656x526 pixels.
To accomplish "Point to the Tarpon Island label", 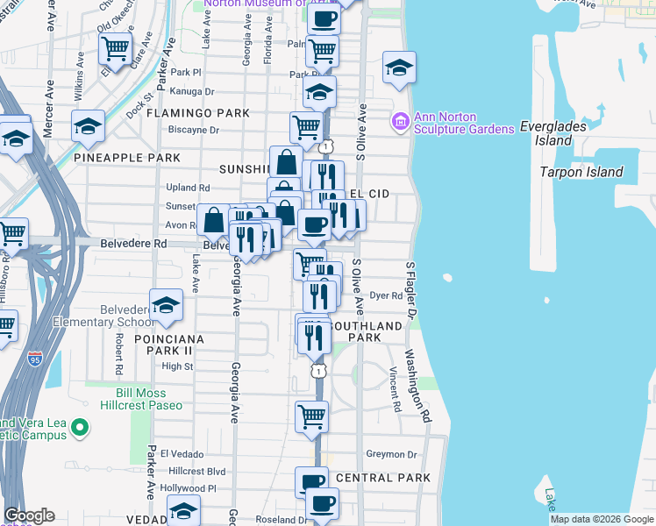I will tap(581, 172).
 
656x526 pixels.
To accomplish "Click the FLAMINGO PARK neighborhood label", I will tap(198, 113).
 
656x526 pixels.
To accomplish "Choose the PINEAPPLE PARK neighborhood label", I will tap(127, 158).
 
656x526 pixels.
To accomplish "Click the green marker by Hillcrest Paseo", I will tap(80, 429).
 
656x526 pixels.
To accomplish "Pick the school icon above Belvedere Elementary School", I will tap(166, 306).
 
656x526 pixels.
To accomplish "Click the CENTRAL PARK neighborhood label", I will tap(383, 478).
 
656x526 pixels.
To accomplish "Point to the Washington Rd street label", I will tap(417, 382).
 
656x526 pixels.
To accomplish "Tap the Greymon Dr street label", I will tap(391, 454).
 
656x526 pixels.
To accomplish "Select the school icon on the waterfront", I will tap(399, 69).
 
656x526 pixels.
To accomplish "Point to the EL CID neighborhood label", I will tap(369, 193).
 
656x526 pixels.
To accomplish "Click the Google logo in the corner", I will tap(30, 515).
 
